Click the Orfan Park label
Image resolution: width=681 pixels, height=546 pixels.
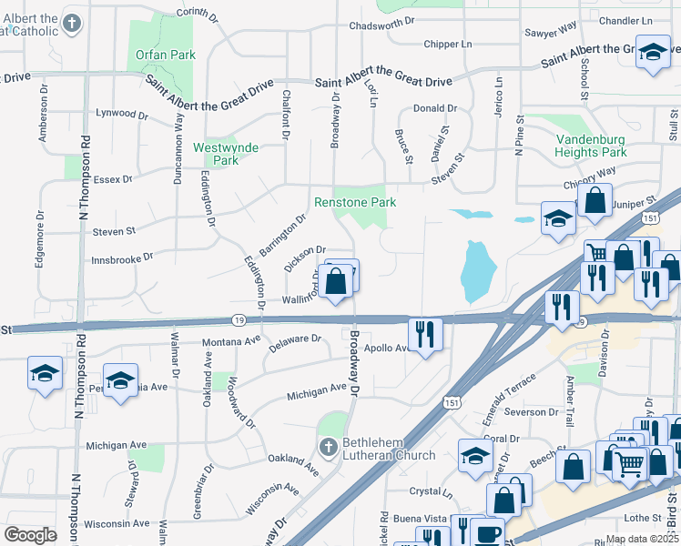click(x=166, y=55)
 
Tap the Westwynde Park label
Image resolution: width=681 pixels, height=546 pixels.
click(x=225, y=154)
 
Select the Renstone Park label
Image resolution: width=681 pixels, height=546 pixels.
click(x=355, y=202)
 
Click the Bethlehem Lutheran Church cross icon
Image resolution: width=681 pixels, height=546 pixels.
click(x=330, y=446)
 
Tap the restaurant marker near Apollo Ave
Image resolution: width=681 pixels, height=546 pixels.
click(x=424, y=333)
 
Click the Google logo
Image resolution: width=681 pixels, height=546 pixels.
click(x=30, y=535)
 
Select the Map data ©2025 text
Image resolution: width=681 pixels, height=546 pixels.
click(x=642, y=539)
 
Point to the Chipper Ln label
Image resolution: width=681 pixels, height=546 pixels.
click(x=448, y=44)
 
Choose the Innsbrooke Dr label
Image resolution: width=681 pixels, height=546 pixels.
click(x=122, y=259)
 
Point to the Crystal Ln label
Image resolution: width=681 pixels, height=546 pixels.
click(x=432, y=491)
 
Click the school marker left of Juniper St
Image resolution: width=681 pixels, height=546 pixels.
click(x=558, y=218)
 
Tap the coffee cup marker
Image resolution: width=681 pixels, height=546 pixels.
click(x=487, y=532)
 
